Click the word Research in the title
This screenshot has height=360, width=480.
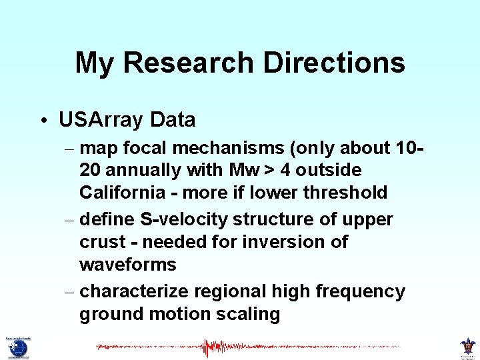189,63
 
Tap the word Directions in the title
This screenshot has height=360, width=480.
334,63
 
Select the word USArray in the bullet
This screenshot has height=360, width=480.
101,120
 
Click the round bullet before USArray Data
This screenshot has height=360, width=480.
42,121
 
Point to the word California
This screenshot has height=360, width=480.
124,193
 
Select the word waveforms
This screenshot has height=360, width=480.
127,265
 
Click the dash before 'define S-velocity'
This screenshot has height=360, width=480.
71,220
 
